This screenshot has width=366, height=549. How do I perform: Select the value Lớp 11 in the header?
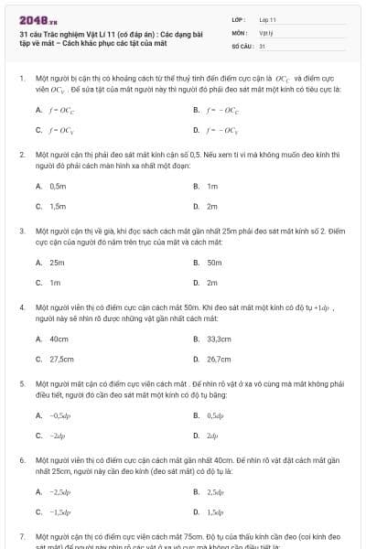click(x=267, y=18)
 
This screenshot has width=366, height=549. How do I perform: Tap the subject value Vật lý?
click(x=265, y=32)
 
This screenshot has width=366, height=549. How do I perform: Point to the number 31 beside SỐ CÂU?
click(x=263, y=46)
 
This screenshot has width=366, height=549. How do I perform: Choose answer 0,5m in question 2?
click(x=58, y=186)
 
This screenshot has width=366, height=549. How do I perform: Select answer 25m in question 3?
click(x=57, y=262)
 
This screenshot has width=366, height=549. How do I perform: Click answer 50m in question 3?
click(x=214, y=262)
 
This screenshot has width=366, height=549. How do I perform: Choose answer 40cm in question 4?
click(x=59, y=339)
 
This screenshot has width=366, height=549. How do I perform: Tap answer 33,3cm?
click(x=219, y=339)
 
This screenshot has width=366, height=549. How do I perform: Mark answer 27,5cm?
click(x=61, y=360)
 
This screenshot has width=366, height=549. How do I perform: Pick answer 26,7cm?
click(x=219, y=360)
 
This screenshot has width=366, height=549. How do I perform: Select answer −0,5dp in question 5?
click(x=60, y=415)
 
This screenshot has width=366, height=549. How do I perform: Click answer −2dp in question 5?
click(x=58, y=436)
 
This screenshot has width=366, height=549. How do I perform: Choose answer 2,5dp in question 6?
click(x=216, y=492)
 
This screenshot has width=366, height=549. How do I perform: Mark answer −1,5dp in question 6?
click(x=60, y=512)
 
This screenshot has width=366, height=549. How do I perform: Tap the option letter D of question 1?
click(x=197, y=130)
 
